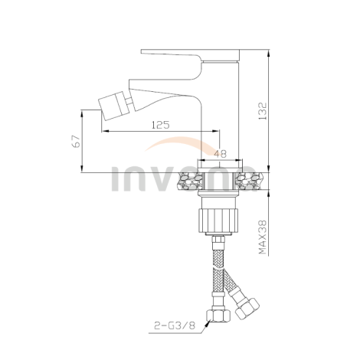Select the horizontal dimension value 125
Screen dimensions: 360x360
[x=159, y=124]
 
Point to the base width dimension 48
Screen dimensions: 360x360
[x=219, y=153]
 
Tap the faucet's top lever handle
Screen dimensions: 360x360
[x=191, y=55]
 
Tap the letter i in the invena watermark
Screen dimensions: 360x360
[x=117, y=179]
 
